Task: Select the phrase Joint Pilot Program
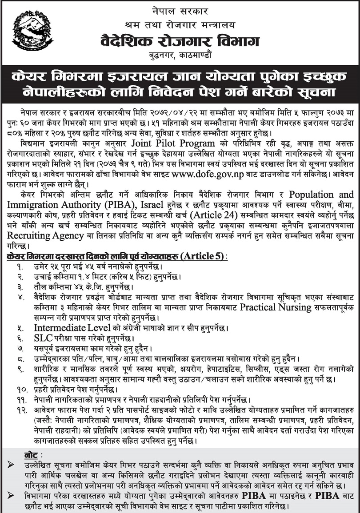173,143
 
